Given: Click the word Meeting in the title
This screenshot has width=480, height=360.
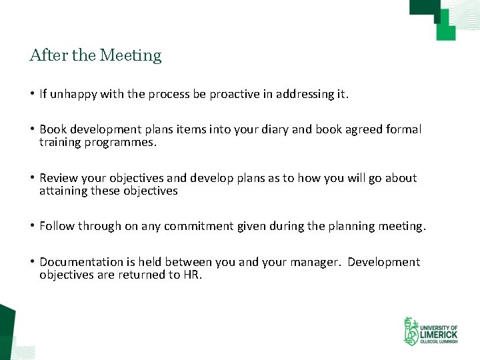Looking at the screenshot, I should (131, 55).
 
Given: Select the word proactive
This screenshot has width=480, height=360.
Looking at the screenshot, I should (233, 94).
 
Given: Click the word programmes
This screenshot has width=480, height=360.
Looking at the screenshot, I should (122, 142).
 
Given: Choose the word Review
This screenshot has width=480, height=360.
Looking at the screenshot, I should (59, 178).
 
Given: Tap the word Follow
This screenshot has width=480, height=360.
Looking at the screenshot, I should (57, 226).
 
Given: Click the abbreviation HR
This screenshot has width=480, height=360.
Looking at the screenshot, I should (192, 275).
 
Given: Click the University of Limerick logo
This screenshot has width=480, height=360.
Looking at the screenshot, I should (430, 331).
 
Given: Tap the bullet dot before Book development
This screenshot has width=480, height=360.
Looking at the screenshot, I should (33, 129).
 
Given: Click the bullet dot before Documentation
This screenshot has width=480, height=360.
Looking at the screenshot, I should (33, 262).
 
